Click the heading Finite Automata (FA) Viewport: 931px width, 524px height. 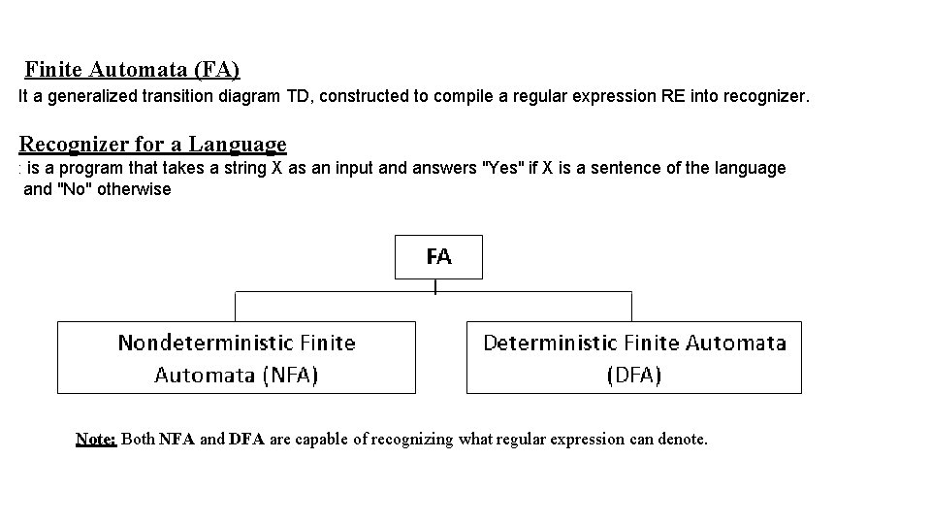coord(133,70)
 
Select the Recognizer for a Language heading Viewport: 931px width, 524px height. coord(153,145)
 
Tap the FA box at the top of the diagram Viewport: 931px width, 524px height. coord(438,257)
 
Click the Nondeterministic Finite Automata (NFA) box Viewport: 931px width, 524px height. coord(237,357)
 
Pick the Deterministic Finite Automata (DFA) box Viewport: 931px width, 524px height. coord(634,357)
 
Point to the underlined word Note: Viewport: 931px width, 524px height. coord(96,440)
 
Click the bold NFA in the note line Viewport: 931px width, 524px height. coord(177,440)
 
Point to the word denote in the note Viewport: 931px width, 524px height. coord(682,440)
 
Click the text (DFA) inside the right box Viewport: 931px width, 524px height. coord(634,375)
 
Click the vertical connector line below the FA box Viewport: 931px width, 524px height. coord(435,286)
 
